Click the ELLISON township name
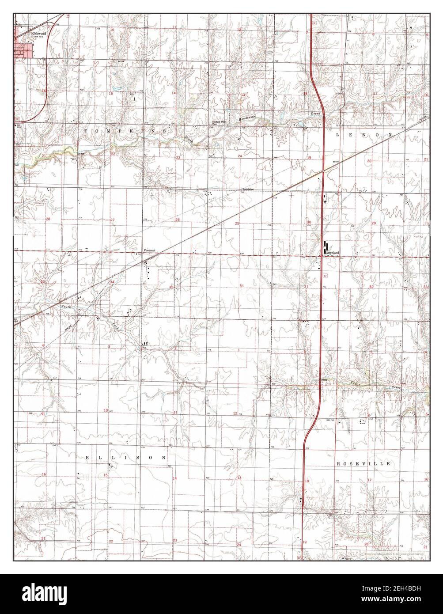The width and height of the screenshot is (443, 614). coord(126,458)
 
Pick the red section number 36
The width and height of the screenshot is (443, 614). coord(242,286)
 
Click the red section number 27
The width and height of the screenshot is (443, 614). coord(112,220)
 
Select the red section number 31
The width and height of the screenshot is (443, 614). coord(306,287)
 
